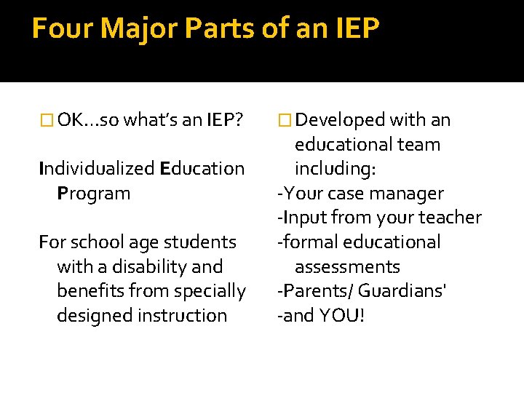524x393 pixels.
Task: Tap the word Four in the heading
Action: pos(63,29)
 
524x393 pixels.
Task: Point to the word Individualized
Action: pos(97,169)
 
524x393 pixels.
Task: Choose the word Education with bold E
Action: pos(202,169)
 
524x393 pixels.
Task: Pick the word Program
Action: pos(93,194)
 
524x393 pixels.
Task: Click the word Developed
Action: pos(341,120)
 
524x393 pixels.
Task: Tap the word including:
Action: pos(335,169)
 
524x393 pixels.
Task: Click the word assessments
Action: pos(347,267)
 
